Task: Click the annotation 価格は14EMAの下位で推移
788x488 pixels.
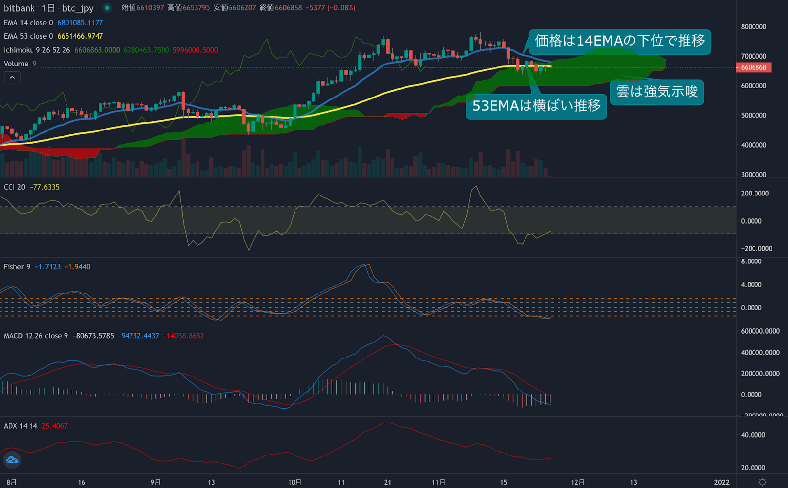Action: point(620,41)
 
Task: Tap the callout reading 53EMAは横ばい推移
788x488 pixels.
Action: point(536,106)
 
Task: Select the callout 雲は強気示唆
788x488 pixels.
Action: point(657,92)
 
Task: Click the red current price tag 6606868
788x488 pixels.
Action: point(754,67)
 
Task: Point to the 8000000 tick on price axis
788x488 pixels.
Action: point(754,27)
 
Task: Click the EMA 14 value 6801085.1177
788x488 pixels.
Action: point(80,23)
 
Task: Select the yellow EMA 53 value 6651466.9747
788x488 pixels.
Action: point(80,36)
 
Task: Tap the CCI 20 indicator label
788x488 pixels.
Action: point(14,187)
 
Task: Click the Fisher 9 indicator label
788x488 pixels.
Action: point(17,267)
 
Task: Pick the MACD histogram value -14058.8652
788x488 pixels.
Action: point(183,336)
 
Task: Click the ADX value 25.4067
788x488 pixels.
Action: point(54,426)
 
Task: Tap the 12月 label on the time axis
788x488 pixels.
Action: point(578,482)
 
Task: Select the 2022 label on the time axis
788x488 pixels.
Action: point(722,482)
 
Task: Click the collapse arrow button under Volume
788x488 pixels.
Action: point(12,77)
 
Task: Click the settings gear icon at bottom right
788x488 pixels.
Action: point(762,482)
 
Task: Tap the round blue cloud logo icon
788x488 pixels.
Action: point(12,460)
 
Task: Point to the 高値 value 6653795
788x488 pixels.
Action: point(196,8)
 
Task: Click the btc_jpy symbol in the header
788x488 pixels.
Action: point(78,8)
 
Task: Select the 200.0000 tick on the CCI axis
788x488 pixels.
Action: point(755,194)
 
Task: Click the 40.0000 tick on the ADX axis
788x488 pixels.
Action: point(753,435)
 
